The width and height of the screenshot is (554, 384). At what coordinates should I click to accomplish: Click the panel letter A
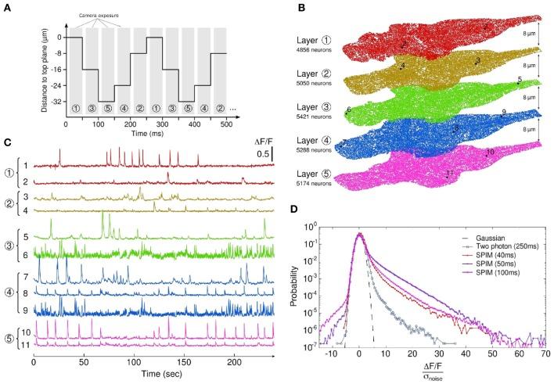click(6, 6)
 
